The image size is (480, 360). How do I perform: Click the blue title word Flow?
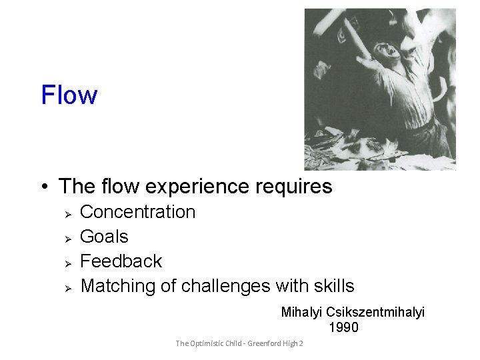69,95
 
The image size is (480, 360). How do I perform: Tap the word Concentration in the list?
137,212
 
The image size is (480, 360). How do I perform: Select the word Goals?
104,237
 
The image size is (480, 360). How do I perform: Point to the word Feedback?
121,261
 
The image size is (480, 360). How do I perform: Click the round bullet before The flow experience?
43,186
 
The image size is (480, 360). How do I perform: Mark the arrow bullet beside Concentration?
67,213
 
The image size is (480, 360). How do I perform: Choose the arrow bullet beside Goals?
67,237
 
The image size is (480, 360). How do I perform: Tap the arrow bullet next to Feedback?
67,262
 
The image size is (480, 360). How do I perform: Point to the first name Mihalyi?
302,312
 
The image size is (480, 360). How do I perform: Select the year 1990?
343,327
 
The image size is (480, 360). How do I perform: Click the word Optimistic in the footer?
213,343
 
